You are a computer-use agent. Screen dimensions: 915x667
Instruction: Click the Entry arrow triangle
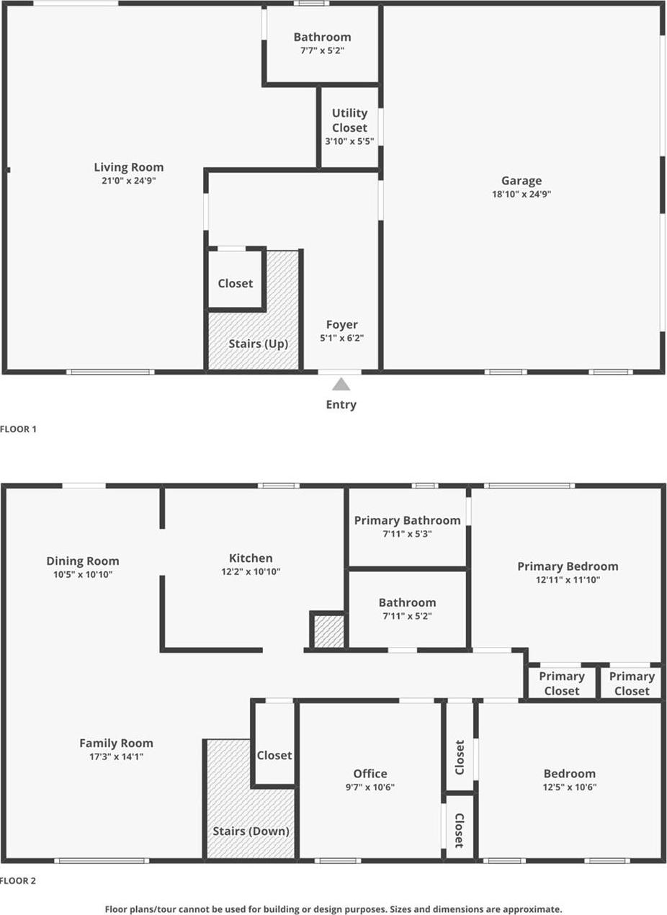coord(341,385)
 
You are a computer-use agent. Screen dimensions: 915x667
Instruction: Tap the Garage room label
coord(521,181)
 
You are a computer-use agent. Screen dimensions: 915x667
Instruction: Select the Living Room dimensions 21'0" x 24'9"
coord(128,181)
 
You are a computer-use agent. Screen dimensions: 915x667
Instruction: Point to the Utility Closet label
coord(349,120)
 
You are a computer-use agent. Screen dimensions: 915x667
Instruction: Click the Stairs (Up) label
coord(259,344)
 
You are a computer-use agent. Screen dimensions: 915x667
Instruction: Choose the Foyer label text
coord(341,325)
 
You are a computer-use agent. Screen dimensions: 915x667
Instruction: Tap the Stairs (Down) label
coord(251,831)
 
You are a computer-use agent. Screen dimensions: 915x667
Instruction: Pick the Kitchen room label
coord(251,558)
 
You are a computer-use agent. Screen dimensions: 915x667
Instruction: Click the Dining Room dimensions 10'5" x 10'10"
coord(83,574)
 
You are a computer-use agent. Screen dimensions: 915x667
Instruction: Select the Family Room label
coord(116,743)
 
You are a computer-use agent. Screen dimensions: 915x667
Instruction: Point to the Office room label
coord(370,773)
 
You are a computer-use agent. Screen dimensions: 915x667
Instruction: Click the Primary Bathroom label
coord(407,520)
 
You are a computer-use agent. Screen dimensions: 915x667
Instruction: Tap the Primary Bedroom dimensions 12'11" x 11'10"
coord(568,579)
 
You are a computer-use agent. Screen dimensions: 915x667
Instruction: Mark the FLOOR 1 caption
coord(18,429)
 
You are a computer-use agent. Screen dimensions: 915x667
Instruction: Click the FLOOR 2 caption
coord(18,880)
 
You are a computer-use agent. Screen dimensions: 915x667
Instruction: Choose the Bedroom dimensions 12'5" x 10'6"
coord(569,787)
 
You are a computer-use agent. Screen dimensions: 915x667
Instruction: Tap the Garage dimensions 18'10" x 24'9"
coord(521,194)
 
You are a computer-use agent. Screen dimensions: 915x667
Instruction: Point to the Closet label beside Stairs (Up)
coord(236,283)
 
